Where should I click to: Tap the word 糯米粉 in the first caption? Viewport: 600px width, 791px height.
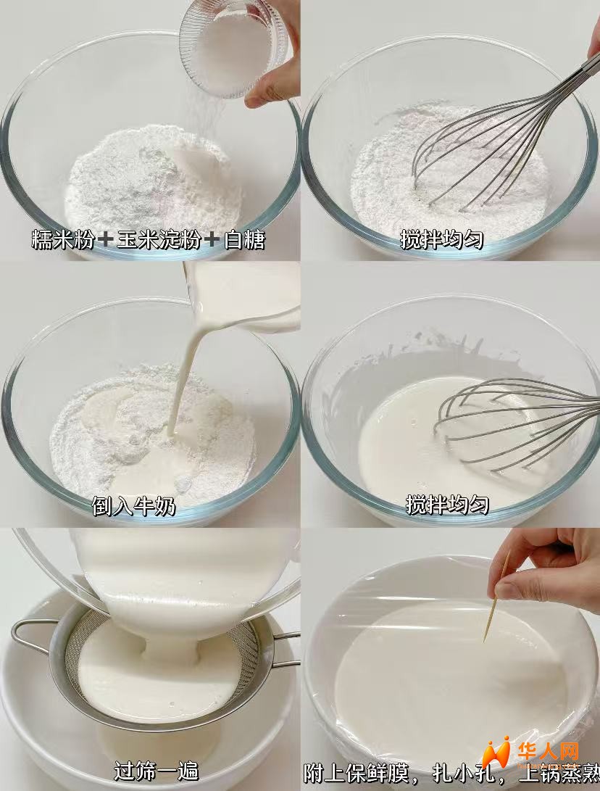click(62, 240)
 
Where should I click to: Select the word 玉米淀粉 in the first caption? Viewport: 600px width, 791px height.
click(159, 240)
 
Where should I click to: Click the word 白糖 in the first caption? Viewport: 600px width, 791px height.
click(244, 240)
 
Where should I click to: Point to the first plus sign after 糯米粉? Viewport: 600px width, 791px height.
click(105, 240)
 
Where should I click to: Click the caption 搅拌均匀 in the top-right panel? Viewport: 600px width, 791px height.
click(442, 239)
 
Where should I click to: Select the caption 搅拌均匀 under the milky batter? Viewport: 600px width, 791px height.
click(447, 504)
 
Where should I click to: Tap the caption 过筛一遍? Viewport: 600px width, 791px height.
click(156, 771)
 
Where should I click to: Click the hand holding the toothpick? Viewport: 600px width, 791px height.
click(547, 568)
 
